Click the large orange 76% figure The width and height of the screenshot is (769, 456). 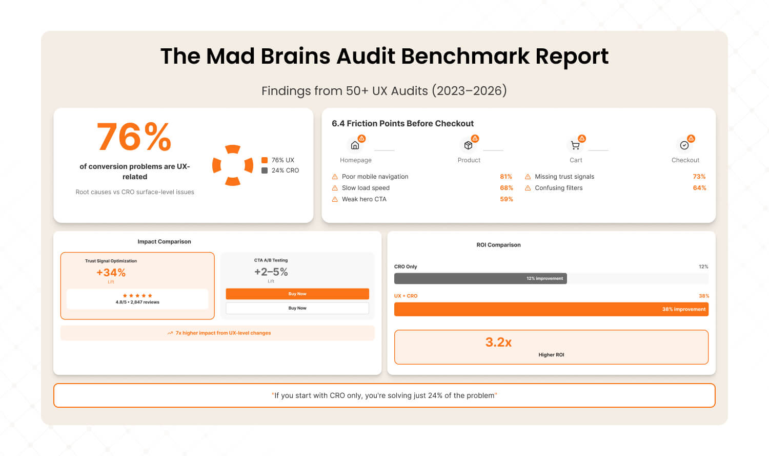coord(134,137)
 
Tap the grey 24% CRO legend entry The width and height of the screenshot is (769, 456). coord(280,170)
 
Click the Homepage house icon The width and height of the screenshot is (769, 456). coord(355,145)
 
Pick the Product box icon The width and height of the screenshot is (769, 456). coord(468,145)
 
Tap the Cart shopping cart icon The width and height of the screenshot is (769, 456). coord(575,145)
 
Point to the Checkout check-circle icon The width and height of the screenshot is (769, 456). coord(684,145)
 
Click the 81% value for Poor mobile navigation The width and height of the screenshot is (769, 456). coord(506,177)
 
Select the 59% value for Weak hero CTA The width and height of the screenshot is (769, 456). coord(507,199)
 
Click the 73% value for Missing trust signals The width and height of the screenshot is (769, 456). coord(699,177)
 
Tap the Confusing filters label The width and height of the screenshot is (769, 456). coord(559,188)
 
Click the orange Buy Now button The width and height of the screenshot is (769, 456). coord(297,294)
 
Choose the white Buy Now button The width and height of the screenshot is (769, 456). coord(297,308)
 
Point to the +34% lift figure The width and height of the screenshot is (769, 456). coord(111,273)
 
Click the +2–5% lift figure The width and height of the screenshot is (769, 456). coord(271,272)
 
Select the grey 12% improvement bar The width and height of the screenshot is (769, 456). coord(480,278)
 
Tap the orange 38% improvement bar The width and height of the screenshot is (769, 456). coord(551,309)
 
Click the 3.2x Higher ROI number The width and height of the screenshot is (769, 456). coord(498,343)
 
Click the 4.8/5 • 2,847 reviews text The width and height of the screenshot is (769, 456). coord(137,302)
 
